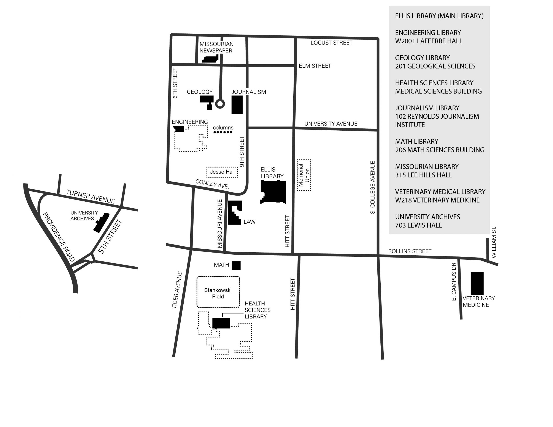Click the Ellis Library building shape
(x=273, y=192)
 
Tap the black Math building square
(x=236, y=265)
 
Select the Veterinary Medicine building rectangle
(x=477, y=283)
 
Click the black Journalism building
(x=237, y=104)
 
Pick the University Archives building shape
(x=101, y=223)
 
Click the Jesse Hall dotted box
(x=222, y=172)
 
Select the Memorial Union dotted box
(x=304, y=175)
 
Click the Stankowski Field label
(x=218, y=293)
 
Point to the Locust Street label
(x=331, y=43)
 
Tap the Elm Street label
(x=315, y=66)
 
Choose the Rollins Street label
(x=410, y=251)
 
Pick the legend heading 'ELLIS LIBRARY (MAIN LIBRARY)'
(x=439, y=16)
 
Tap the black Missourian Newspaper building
(x=210, y=59)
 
